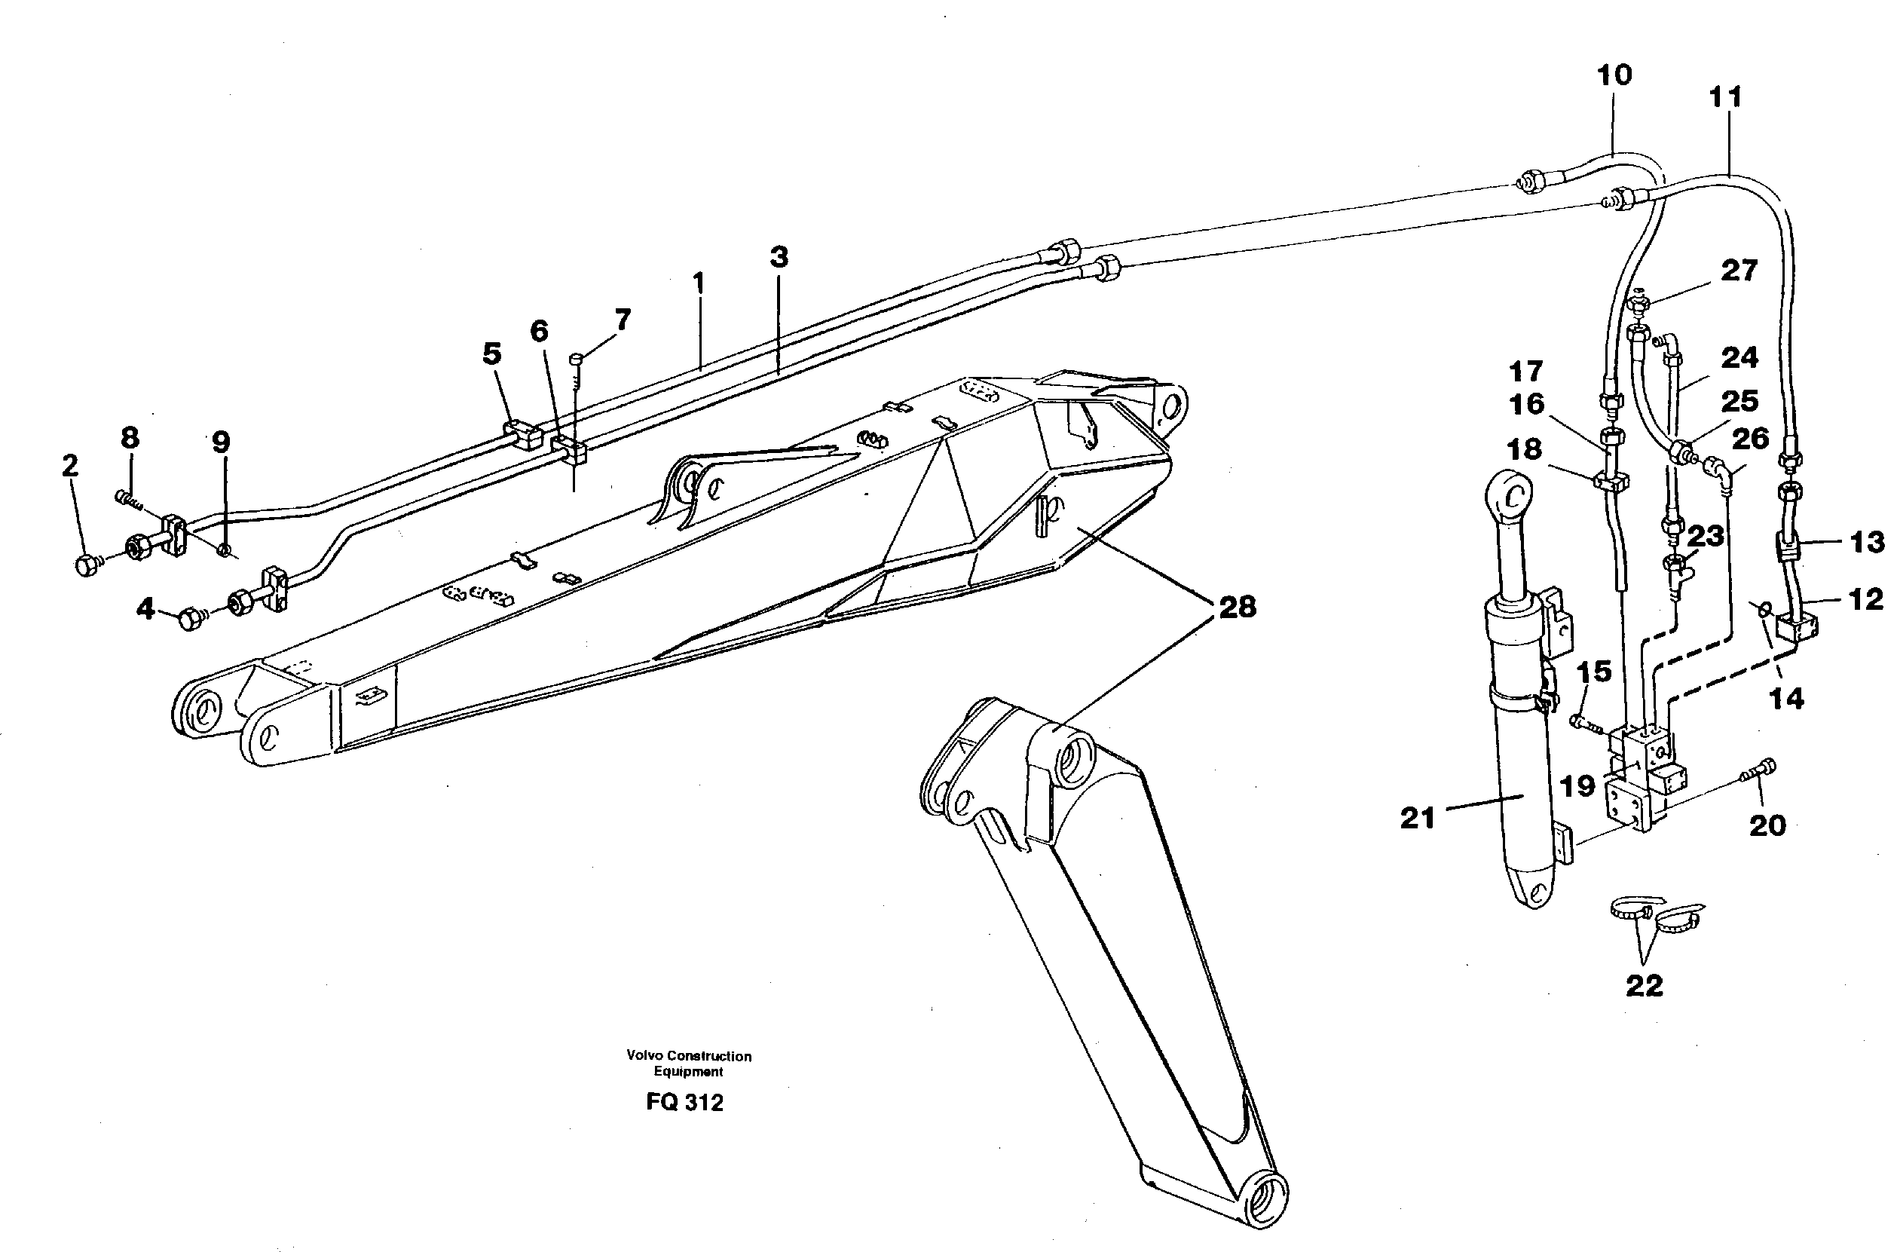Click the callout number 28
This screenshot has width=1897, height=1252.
[1237, 608]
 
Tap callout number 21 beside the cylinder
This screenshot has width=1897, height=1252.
[1418, 819]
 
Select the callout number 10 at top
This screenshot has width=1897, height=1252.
[1614, 76]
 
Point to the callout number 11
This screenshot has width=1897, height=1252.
[1725, 98]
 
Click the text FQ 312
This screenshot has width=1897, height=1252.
[684, 1103]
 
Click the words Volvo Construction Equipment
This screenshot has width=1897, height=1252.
[688, 1064]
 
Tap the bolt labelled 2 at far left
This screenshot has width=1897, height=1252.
[86, 566]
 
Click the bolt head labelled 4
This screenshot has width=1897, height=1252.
[190, 619]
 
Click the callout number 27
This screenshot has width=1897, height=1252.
[1739, 271]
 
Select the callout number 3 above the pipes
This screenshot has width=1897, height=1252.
[779, 257]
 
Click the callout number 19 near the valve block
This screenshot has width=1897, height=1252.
[1577, 786]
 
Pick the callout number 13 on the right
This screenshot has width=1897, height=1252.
[1867, 543]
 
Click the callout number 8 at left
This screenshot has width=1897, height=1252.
[130, 438]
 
